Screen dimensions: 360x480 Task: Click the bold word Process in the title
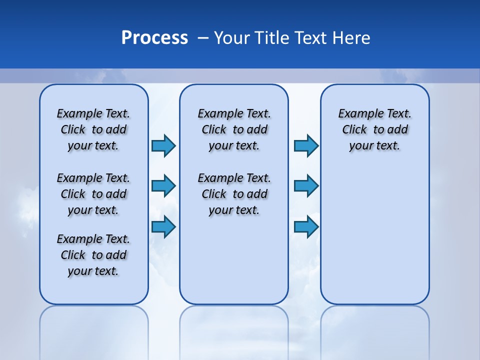click(154, 38)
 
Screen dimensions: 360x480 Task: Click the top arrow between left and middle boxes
click(163, 145)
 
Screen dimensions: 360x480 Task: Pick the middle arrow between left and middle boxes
click(163, 186)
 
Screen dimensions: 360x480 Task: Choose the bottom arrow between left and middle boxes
click(163, 226)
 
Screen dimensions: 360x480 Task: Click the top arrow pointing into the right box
click(306, 145)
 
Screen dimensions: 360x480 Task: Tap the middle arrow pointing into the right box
click(306, 186)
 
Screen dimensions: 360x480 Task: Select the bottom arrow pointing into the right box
click(306, 226)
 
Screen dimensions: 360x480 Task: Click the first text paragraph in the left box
click(93, 129)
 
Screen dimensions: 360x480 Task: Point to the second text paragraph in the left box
click(93, 194)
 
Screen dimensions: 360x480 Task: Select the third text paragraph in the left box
click(93, 255)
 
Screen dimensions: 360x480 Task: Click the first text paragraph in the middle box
click(234, 129)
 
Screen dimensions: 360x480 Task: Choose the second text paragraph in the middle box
click(234, 194)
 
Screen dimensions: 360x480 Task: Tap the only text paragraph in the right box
click(374, 129)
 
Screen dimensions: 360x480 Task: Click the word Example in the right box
click(357, 113)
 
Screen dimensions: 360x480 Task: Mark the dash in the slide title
click(203, 38)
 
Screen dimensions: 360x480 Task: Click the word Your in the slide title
click(232, 38)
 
